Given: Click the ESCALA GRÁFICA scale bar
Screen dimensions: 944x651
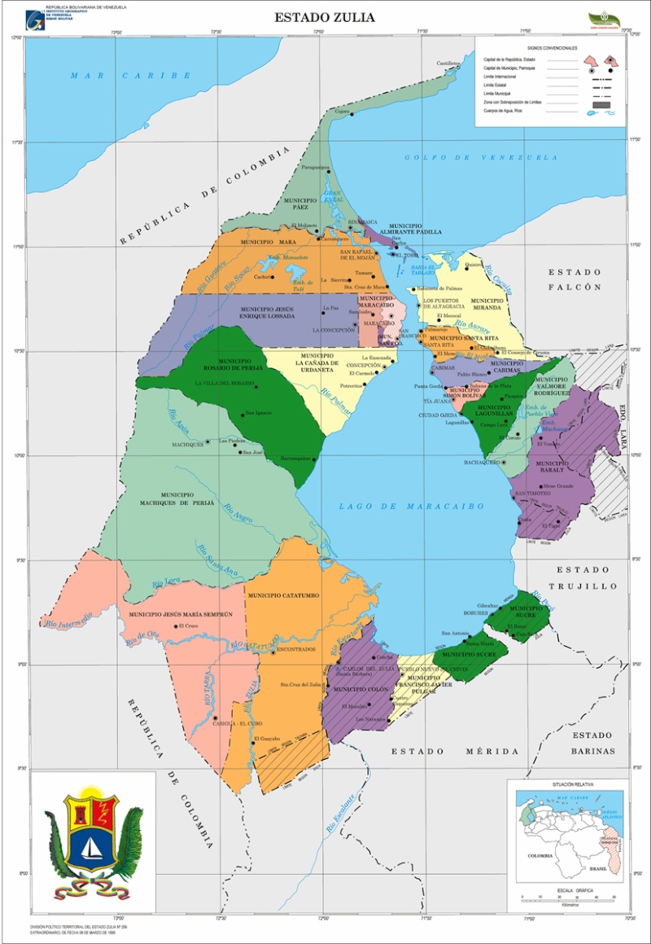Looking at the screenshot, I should pyautogui.click(x=568, y=898).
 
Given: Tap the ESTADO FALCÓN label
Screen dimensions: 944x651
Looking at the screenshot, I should pyautogui.click(x=575, y=279).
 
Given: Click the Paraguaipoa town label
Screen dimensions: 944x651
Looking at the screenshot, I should pyautogui.click(x=315, y=167).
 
